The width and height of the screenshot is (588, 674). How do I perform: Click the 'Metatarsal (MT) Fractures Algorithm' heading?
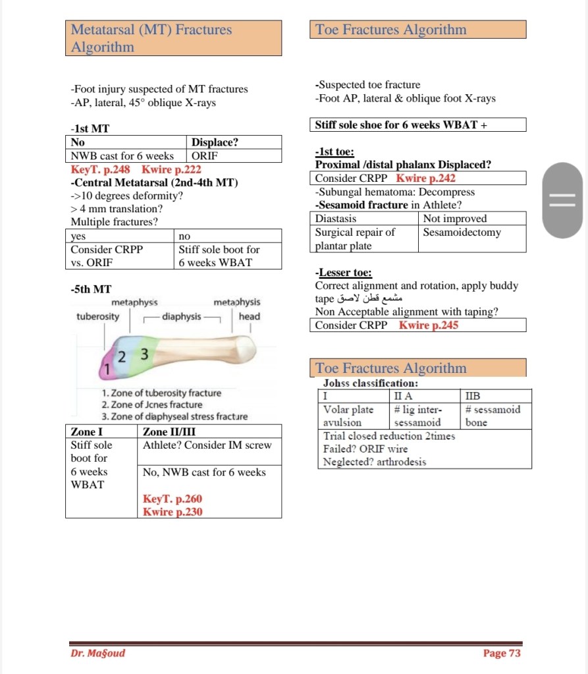point(151,38)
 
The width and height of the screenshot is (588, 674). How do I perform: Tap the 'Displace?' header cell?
point(215,142)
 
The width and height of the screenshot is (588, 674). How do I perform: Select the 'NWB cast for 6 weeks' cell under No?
point(122,156)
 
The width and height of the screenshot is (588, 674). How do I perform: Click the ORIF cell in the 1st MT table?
point(205,156)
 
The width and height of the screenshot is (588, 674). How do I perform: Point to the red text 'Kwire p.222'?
point(171,169)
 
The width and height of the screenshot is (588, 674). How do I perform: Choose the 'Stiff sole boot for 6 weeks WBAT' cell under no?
point(219,256)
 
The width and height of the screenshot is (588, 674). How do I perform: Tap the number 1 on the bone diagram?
point(107,370)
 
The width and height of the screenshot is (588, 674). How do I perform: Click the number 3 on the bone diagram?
point(145,355)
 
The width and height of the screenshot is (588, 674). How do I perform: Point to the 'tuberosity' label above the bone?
point(98,317)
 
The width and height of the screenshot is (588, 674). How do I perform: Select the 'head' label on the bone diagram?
point(250,317)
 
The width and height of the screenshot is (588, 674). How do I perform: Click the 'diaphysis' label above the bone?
point(181,317)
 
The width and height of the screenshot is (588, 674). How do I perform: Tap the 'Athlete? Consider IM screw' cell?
point(207,445)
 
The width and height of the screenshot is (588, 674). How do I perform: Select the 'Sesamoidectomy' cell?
point(462,233)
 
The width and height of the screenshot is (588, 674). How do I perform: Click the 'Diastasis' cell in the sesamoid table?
point(336,219)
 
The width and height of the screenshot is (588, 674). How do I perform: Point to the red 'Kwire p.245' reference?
point(429,325)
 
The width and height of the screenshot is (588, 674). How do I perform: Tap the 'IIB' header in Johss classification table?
point(473,396)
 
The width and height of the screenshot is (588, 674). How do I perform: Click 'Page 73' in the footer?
point(502,653)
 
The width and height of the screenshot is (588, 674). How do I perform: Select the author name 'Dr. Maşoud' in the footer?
point(97,653)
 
